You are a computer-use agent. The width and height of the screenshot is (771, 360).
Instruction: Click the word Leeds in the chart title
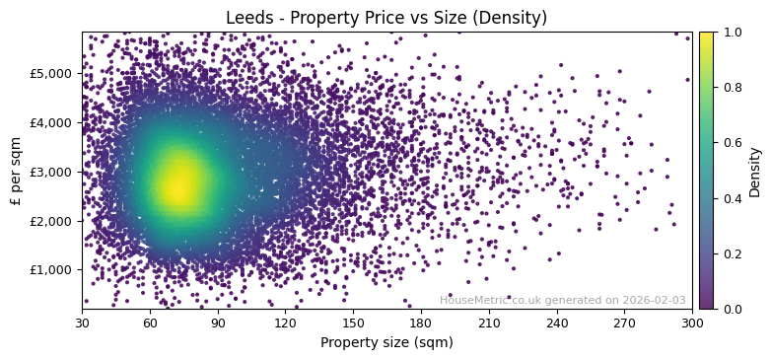[x=246, y=18]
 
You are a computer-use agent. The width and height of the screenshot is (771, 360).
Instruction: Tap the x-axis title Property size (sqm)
[x=386, y=343]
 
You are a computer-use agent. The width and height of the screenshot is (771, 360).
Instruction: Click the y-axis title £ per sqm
[x=16, y=171]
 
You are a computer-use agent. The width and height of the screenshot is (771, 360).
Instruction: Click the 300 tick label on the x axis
[x=692, y=322]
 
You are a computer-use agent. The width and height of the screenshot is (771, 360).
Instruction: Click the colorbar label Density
[x=755, y=171]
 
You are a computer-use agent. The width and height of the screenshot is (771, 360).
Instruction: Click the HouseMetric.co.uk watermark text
[x=562, y=301]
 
